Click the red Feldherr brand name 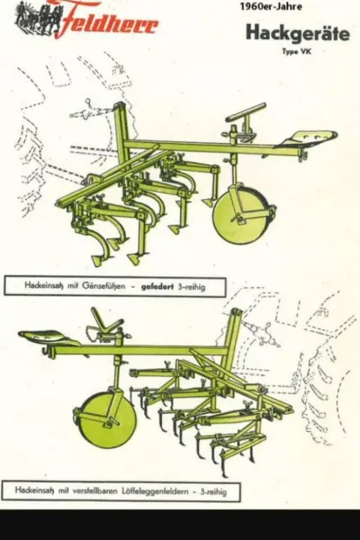107,19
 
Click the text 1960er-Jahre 271,7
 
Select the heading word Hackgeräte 297,33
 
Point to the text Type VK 297,51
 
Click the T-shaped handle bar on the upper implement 245,114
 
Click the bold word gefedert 158,286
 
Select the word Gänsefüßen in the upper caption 104,285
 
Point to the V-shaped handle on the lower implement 106,323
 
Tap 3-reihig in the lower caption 213,491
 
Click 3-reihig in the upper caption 191,286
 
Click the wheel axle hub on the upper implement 237,218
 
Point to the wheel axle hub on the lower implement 111,422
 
